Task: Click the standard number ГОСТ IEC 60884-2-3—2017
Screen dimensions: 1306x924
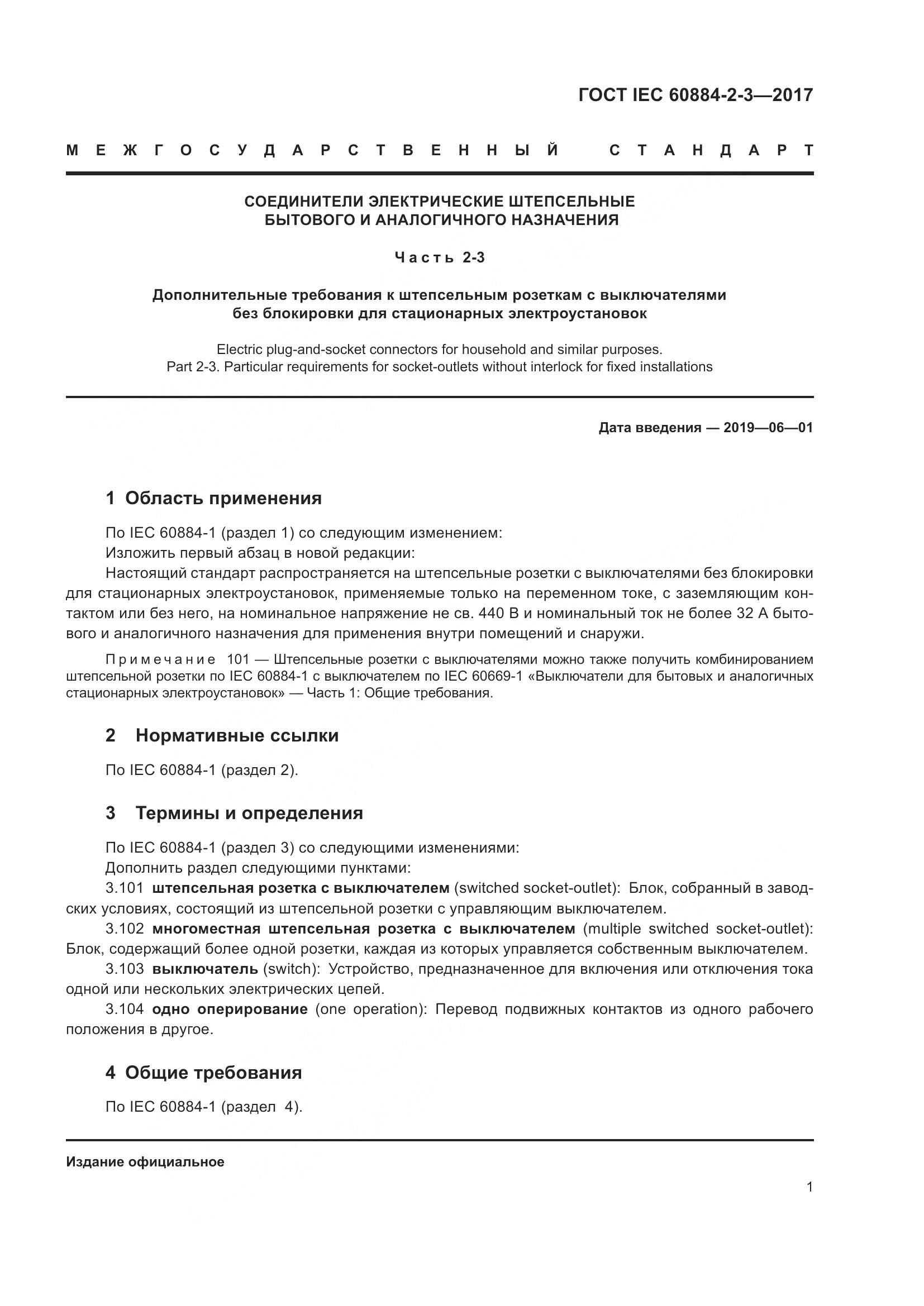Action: click(696, 94)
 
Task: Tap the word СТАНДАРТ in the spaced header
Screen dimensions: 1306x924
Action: click(711, 150)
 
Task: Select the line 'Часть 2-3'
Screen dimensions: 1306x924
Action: click(439, 257)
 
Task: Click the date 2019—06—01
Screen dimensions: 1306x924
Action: click(768, 428)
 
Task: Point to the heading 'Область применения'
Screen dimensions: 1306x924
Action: click(223, 498)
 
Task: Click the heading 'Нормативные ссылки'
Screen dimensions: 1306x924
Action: click(237, 735)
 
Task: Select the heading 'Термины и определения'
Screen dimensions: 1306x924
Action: click(249, 813)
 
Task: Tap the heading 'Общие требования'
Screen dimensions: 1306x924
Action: click(213, 1073)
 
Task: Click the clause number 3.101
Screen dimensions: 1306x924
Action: click(125, 888)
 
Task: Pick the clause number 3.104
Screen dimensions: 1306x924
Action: click(125, 1009)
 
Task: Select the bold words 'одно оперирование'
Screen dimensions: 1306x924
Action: click(230, 1009)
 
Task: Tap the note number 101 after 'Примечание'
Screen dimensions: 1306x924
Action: click(238, 660)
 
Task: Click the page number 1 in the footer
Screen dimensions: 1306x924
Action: click(809, 1187)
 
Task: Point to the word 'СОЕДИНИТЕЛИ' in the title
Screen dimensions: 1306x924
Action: click(304, 202)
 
